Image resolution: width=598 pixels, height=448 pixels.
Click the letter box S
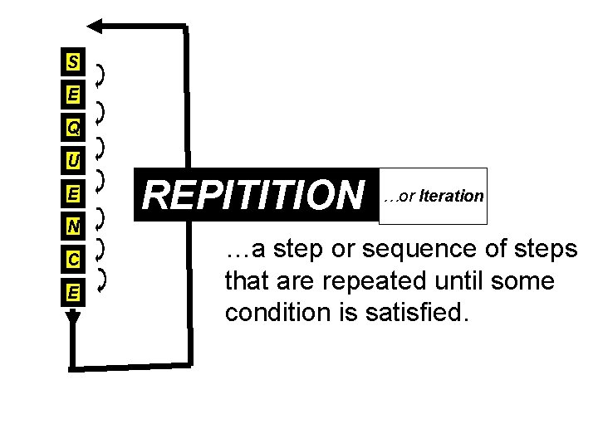tap(74, 62)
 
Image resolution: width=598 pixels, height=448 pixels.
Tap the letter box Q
tap(74, 129)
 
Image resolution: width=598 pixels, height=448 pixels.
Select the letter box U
tap(74, 159)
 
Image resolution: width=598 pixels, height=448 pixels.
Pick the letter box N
tap(74, 226)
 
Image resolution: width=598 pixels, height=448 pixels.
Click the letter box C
tap(74, 260)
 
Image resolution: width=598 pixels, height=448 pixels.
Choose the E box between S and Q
tap(74, 95)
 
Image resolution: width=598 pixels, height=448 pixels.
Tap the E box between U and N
tap(74, 193)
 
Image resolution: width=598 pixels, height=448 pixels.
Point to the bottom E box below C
tap(74, 293)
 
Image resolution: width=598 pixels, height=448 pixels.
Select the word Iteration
tap(452, 197)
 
